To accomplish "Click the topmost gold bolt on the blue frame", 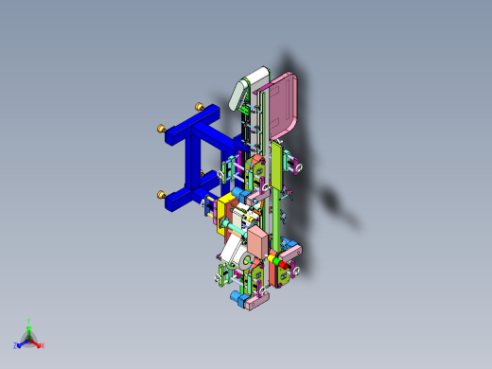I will (199, 106).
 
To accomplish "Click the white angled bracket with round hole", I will (233, 255).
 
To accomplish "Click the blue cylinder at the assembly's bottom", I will (235, 297).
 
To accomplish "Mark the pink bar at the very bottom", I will (257, 302).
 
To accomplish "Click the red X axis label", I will (42, 345).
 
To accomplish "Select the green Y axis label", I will (29, 321).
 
